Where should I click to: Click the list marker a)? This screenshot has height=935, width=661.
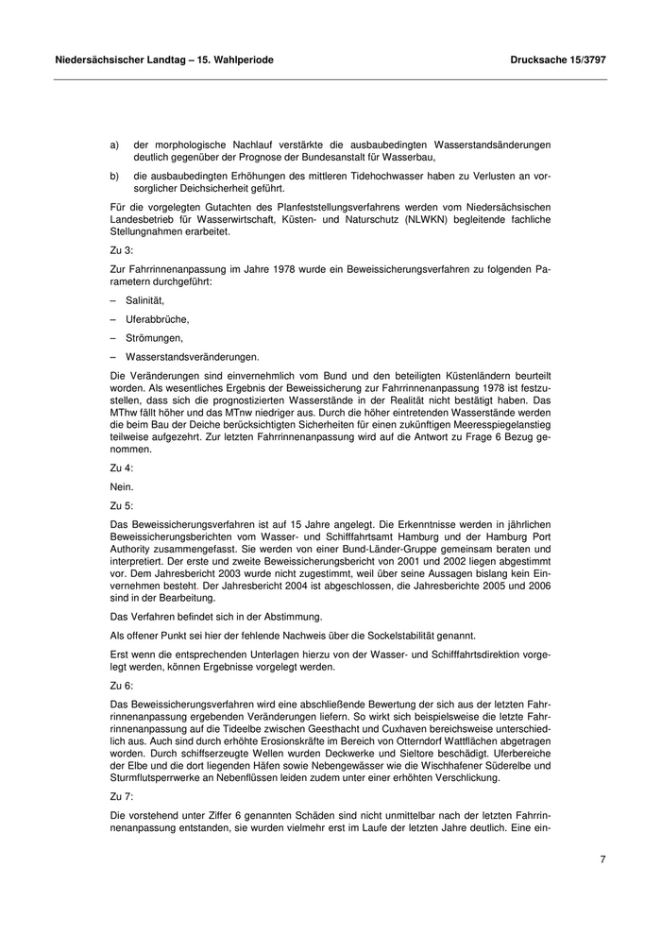[114, 144]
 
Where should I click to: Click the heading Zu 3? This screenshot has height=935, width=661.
[122, 250]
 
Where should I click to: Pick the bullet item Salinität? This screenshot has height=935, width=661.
[145, 299]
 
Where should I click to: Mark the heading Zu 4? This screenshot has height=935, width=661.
[122, 467]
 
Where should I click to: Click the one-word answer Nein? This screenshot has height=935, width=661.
[123, 486]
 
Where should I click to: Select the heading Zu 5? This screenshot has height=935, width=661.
[122, 505]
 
